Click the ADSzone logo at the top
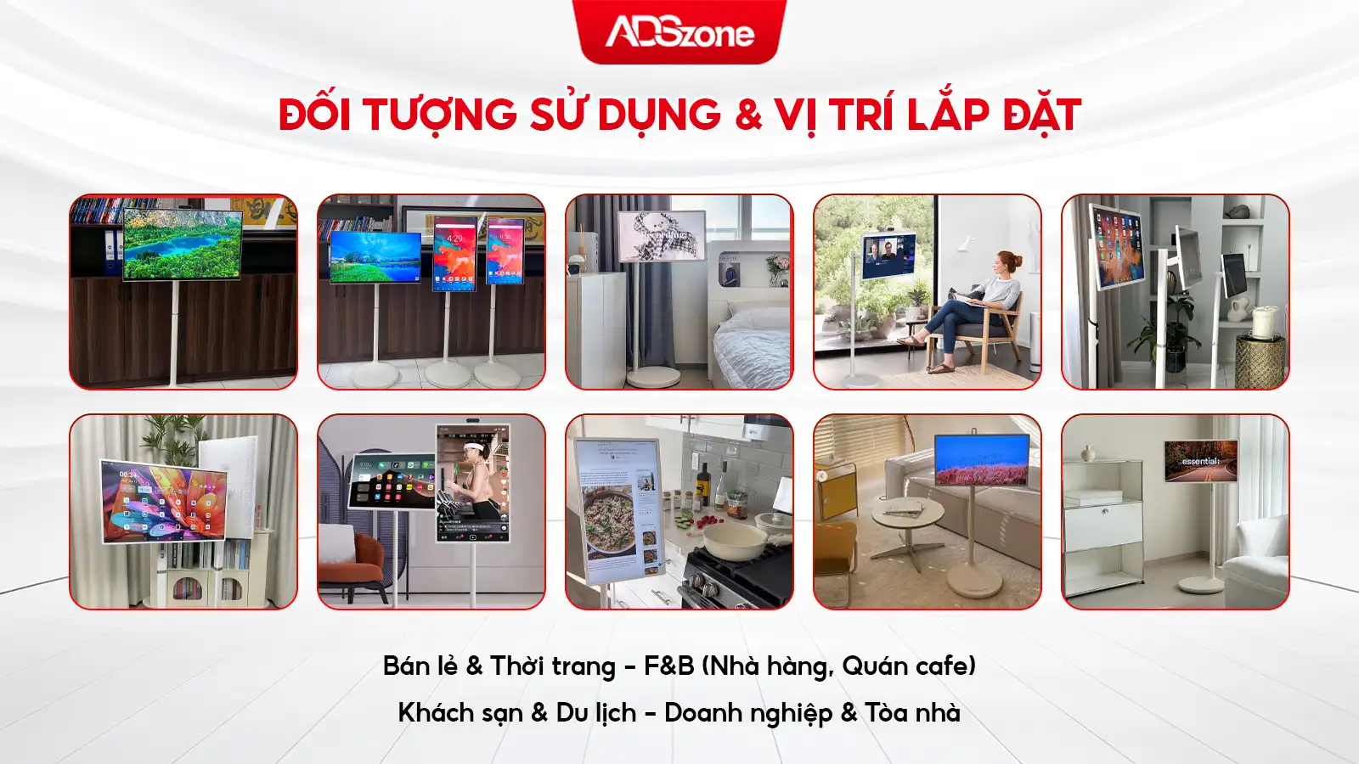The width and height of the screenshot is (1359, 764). pos(679,32)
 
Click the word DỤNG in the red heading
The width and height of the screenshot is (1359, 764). pos(659,115)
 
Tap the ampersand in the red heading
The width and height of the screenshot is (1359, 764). pos(748,115)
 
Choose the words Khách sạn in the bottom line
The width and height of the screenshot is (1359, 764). pos(460,712)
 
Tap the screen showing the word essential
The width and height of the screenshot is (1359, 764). pos(1200,461)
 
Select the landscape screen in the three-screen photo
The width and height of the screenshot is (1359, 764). pos(375,256)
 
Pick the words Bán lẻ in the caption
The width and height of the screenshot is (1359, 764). pos(420,666)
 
